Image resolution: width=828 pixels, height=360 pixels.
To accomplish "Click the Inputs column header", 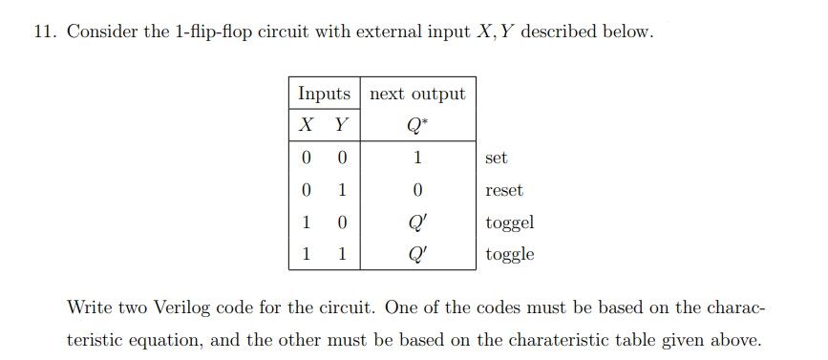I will pos(324,94).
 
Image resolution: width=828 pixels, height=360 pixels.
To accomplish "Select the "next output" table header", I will pos(417,94).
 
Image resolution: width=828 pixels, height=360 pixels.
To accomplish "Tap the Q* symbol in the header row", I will pos(417,125).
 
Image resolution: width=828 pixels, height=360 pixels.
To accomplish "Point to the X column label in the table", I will pos(306,125).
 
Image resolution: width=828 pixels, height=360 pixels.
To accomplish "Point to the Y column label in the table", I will pos(341,125).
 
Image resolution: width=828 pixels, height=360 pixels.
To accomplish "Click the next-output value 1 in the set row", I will pos(417,158).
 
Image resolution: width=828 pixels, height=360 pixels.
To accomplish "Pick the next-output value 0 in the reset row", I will pos(417,190).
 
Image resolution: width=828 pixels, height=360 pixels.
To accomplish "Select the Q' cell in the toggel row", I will pos(417,222).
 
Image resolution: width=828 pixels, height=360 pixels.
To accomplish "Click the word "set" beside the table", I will pos(496,158).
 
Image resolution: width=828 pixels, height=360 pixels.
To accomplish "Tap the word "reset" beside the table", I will pos(503,190).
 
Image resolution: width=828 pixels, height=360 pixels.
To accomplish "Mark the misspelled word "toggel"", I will pos(509,223).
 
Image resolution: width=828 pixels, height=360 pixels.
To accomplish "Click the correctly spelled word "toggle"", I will pos(509,255).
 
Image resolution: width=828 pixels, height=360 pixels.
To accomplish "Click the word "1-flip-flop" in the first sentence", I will pos(216,32).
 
